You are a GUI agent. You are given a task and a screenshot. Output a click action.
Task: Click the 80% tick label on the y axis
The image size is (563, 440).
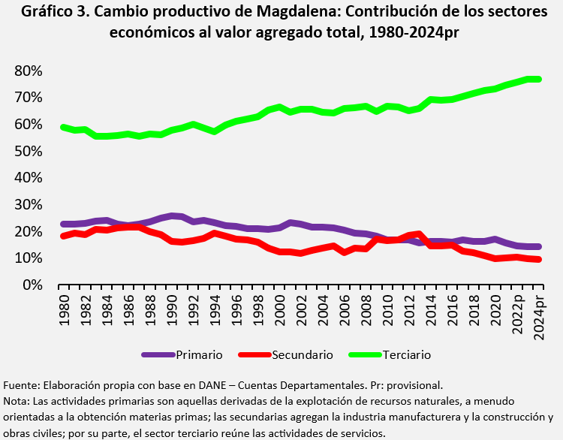pyautogui.click(x=27, y=71)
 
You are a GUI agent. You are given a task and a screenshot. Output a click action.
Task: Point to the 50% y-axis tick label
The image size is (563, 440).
pyautogui.click(x=27, y=151)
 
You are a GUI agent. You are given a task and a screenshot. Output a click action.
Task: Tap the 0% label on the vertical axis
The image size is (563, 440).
pyautogui.click(x=31, y=285)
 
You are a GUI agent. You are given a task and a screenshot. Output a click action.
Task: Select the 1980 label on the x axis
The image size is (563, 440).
pyautogui.click(x=64, y=308)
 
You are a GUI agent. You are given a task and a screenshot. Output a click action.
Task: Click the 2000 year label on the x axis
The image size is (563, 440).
pyautogui.click(x=280, y=308)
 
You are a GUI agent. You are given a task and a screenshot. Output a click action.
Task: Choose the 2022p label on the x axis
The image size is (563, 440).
pyautogui.click(x=517, y=312)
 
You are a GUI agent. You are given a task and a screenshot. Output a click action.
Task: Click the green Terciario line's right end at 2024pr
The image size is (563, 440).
pyautogui.click(x=538, y=79)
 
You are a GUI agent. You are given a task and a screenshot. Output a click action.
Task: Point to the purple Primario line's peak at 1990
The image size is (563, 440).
pyautogui.click(x=172, y=216)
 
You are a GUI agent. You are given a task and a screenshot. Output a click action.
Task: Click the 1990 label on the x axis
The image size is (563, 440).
pyautogui.click(x=172, y=308)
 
